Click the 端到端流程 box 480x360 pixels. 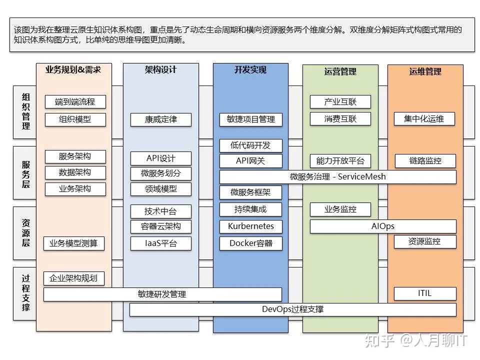tap(75, 102)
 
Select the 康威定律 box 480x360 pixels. tap(161, 120)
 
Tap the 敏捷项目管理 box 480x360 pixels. tap(251, 119)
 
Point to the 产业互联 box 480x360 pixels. tap(340, 102)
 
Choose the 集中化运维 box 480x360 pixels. tap(424, 119)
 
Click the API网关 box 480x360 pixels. tap(251, 161)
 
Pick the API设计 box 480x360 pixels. tap(161, 158)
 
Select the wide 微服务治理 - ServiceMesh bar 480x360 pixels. tap(338, 177)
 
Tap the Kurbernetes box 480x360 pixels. tap(251, 226)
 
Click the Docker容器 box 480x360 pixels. tap(251, 243)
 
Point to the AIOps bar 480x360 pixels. tap(383, 226)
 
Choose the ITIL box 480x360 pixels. tap(425, 294)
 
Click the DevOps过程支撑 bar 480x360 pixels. tap(293, 309)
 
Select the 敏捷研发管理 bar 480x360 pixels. tap(162, 294)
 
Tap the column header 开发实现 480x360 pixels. tap(250, 70)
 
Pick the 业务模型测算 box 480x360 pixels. tap(74, 243)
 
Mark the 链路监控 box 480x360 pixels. tap(425, 161)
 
